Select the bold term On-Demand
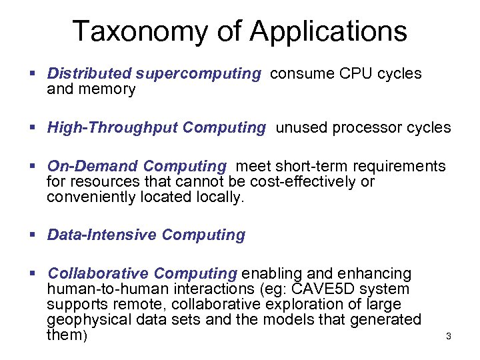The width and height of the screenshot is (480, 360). (92, 166)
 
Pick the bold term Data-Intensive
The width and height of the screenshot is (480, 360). (102, 235)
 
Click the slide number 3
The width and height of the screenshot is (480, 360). (448, 337)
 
